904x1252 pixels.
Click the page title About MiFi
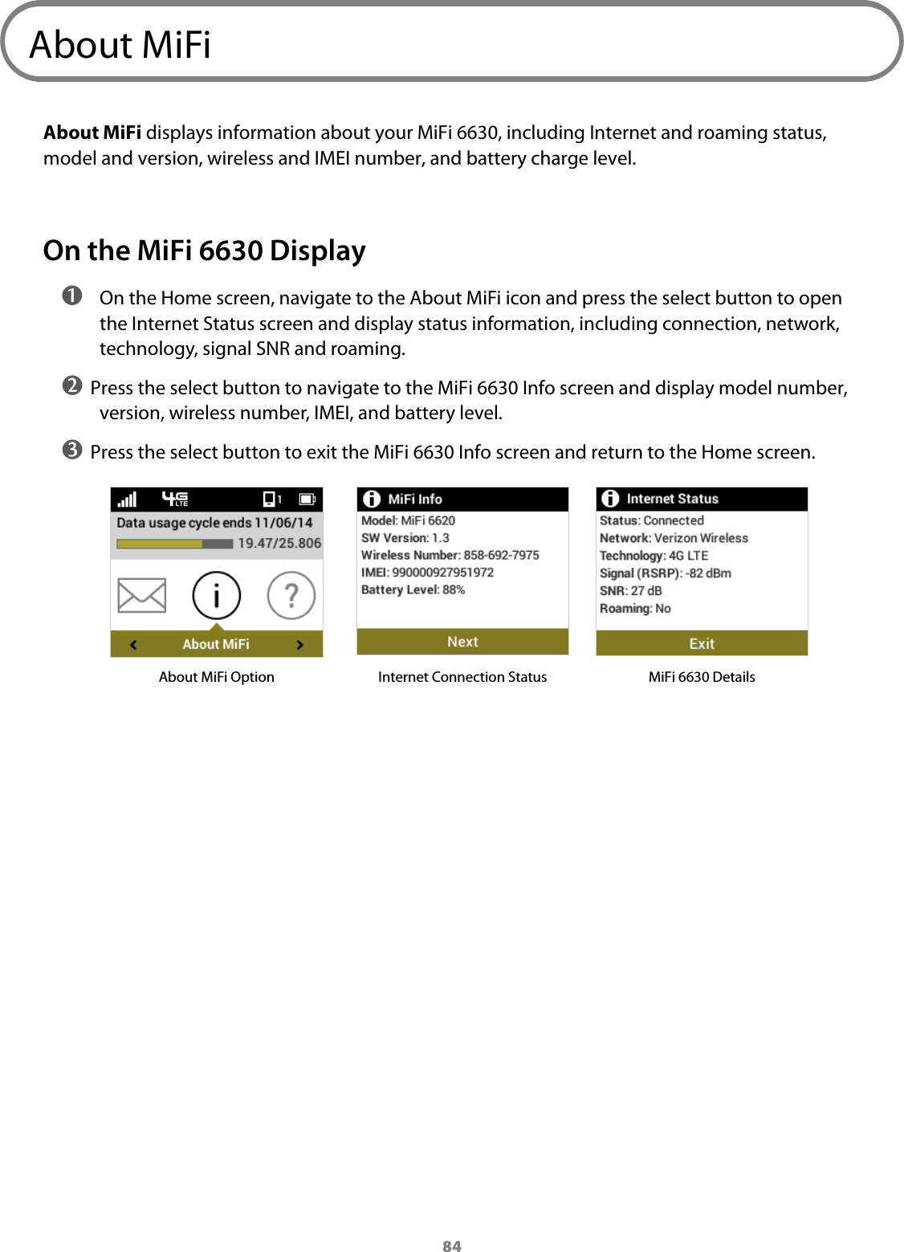[120, 45]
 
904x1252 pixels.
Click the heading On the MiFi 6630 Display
[204, 251]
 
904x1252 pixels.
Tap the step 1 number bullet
[73, 297]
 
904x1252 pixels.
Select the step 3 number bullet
[72, 451]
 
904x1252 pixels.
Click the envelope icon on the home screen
[141, 595]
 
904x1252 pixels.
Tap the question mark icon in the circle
[291, 595]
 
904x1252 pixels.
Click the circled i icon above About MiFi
[216, 595]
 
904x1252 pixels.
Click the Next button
[462, 642]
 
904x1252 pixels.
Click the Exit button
[702, 643]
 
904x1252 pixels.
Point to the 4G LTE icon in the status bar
[175, 500]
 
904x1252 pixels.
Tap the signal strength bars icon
[128, 500]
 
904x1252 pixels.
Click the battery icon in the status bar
[307, 500]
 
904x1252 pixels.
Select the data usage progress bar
[175, 544]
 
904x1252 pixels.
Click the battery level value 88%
[454, 589]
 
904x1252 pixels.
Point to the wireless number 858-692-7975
[501, 555]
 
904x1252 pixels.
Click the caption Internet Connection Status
[462, 677]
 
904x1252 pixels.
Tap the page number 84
[452, 1246]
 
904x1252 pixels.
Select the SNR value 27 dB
[646, 591]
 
